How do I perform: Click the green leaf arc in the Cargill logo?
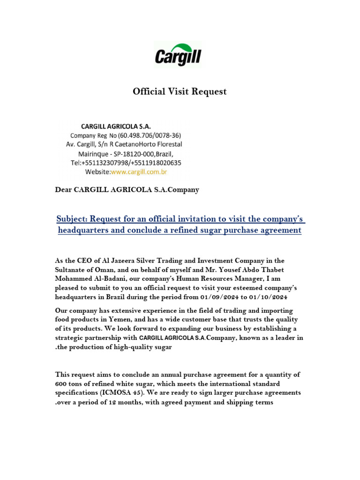pos(185,46)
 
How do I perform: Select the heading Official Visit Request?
pos(180,92)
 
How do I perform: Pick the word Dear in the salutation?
pos(64,190)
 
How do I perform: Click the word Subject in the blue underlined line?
pos(71,219)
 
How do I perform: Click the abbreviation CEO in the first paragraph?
pos(82,260)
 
